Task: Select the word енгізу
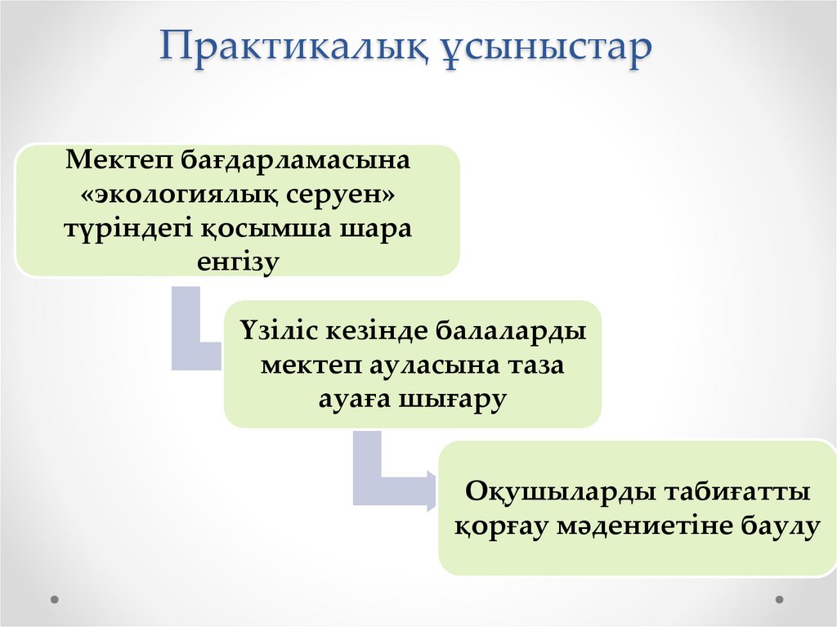[x=238, y=263]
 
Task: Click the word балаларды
[x=508, y=334]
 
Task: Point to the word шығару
[x=454, y=400]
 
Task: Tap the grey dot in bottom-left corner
[x=55, y=599]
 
